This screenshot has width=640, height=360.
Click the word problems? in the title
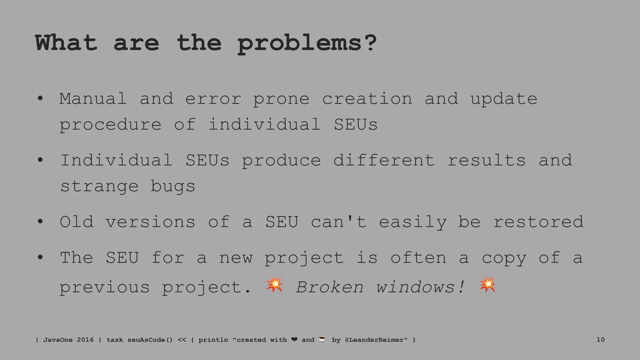pos(307,43)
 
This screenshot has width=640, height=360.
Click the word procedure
pos(111,125)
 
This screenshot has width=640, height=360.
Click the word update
pos(504,99)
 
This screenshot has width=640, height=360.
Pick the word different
pos(384,160)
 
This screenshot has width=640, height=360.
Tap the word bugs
pos(173,187)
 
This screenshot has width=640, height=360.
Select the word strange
pos(99,187)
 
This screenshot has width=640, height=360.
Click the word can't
pos(338,222)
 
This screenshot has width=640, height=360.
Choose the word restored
pos(538,222)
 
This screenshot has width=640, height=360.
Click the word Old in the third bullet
pos(77,222)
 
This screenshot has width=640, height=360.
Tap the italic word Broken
pos(330,287)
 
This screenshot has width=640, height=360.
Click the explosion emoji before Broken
pos(274,284)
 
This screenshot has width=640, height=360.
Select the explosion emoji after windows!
pos(487,284)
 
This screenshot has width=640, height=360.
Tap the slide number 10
pos(600,339)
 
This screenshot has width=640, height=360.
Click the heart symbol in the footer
pos(294,339)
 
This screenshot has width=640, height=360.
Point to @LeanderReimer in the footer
pos(376,340)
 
